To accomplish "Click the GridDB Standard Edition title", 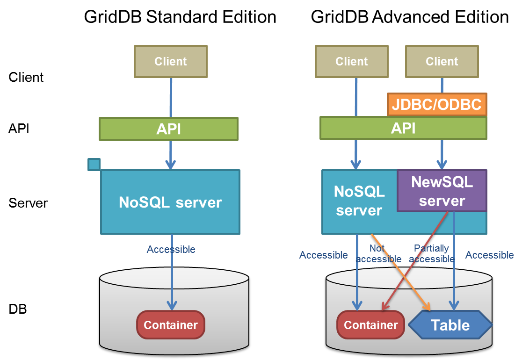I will click(x=180, y=17).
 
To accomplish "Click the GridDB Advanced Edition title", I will click(x=410, y=17).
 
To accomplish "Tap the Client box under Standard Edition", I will click(x=170, y=61).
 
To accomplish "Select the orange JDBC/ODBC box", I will click(x=437, y=104).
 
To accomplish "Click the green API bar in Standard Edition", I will click(x=168, y=129).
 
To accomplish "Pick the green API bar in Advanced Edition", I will click(x=403, y=128).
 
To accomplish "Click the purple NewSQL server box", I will click(x=442, y=191).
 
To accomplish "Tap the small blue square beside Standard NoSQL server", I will click(x=94, y=164).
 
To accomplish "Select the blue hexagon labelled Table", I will click(x=450, y=325).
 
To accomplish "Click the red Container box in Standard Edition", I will click(x=171, y=325).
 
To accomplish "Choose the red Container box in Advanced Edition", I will click(x=371, y=325).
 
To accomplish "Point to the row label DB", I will click(x=18, y=309).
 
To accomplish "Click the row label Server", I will click(x=28, y=203).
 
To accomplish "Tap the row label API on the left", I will click(x=19, y=128).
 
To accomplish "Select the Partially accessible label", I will click(x=432, y=253).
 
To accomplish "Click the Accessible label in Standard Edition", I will click(x=171, y=249).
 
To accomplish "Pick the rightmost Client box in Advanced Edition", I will click(x=442, y=61).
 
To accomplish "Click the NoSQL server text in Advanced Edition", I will click(x=359, y=201).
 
